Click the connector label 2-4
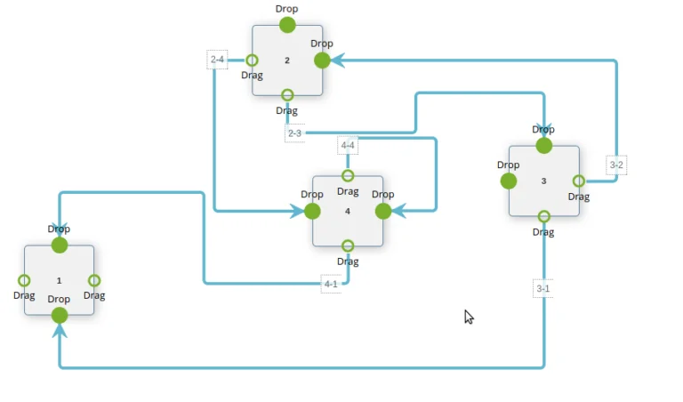pyautogui.click(x=217, y=60)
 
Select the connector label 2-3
pyautogui.click(x=294, y=133)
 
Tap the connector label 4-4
pyautogui.click(x=348, y=145)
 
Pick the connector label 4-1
pyautogui.click(x=330, y=284)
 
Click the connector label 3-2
pyautogui.click(x=616, y=165)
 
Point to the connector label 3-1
pyautogui.click(x=543, y=289)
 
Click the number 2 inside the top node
pyautogui.click(x=287, y=60)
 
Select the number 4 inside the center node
pyautogui.click(x=348, y=211)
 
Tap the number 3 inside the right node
pyautogui.click(x=543, y=181)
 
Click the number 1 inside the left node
pyautogui.click(x=60, y=280)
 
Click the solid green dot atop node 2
pyautogui.click(x=287, y=25)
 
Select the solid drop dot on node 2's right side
pyautogui.click(x=322, y=60)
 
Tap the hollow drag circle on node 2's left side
pyautogui.click(x=252, y=60)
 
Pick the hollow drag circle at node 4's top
pyautogui.click(x=348, y=176)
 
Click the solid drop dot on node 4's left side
pyautogui.click(x=312, y=211)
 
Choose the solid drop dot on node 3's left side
pyautogui.click(x=509, y=181)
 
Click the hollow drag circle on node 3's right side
pyautogui.click(x=579, y=181)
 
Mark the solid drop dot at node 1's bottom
pyautogui.click(x=60, y=315)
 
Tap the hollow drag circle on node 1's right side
pyautogui.click(x=94, y=280)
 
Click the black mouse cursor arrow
pyautogui.click(x=468, y=317)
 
